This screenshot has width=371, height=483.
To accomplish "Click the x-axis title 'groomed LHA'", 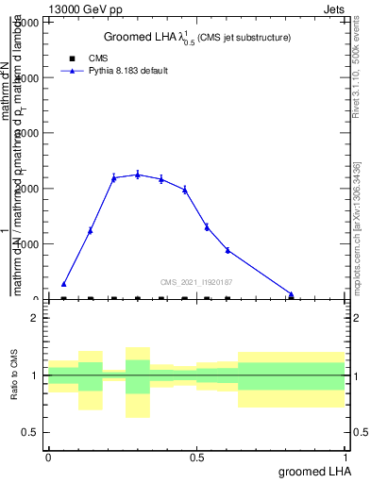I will (x=312, y=471).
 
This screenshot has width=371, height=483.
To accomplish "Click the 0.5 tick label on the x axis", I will (x=195, y=458).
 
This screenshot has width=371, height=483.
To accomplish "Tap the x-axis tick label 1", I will (x=345, y=458).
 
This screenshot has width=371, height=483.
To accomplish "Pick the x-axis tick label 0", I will (x=48, y=458).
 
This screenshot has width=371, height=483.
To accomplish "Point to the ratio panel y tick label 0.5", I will (x=29, y=432).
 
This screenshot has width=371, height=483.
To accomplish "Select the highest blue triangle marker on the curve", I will (x=138, y=175).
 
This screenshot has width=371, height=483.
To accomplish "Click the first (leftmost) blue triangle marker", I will (x=63, y=283).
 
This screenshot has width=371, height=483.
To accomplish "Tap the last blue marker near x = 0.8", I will (x=291, y=293).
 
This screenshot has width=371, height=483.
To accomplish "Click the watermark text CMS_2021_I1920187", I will (x=196, y=281).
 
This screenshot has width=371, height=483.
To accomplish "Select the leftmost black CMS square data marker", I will (x=63, y=299).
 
